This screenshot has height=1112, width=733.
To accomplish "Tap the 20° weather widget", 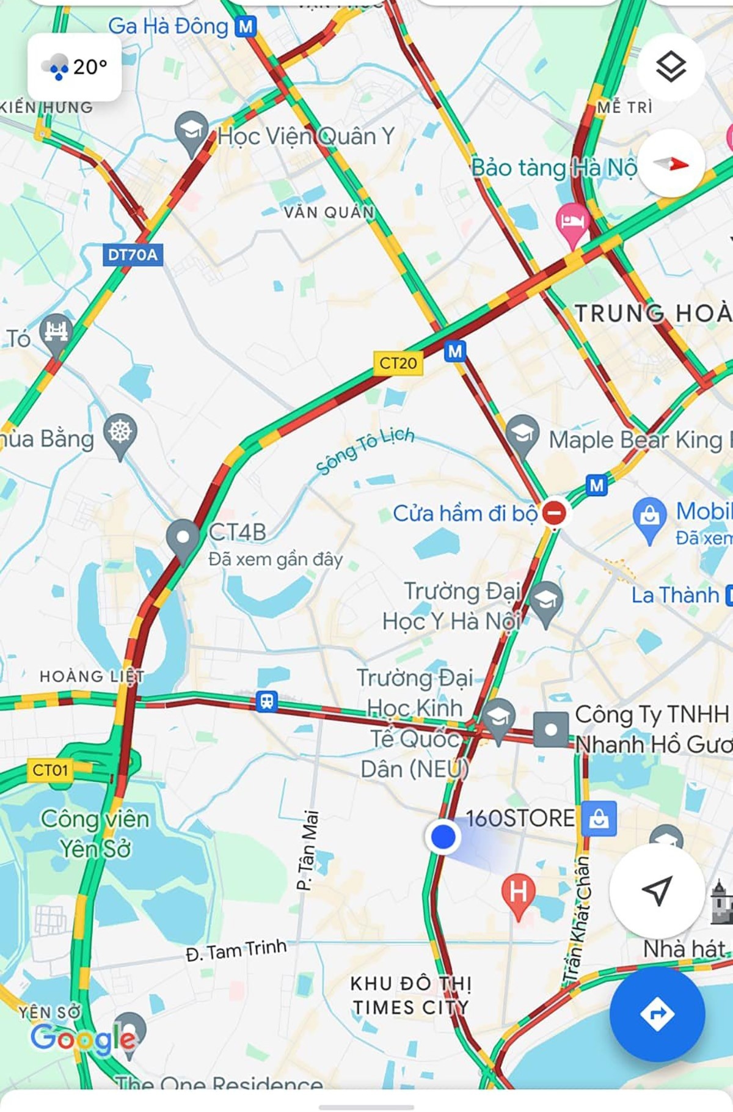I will click(75, 67).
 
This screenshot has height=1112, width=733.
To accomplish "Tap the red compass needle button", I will click(671, 164).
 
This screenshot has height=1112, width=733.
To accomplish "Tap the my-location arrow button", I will click(657, 891).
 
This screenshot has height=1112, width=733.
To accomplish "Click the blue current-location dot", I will click(443, 836).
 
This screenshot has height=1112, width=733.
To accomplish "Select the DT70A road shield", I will click(133, 254).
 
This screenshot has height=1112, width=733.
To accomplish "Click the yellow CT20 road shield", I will click(398, 363).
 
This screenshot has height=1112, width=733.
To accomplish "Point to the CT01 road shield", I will click(50, 770).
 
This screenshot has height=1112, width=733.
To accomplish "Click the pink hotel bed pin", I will click(572, 221).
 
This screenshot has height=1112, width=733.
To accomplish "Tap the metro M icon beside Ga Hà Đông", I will click(246, 26).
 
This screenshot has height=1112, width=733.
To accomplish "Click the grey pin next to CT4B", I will click(183, 538).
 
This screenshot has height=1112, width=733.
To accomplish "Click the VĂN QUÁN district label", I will click(329, 212).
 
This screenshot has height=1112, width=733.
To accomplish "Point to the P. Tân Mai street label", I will click(308, 849).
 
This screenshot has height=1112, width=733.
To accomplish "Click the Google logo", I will click(83, 1039).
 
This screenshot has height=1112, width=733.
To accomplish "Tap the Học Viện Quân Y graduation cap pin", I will click(191, 130).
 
